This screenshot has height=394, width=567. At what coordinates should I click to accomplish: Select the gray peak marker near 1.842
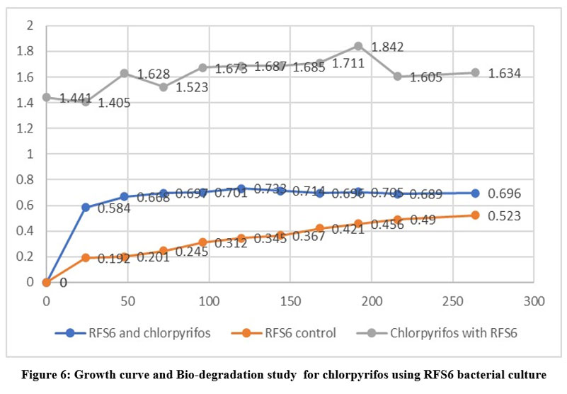click(358, 46)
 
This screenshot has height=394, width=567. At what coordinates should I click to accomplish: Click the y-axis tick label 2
click(30, 26)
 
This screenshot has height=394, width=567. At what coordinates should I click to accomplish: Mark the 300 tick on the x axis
click(534, 301)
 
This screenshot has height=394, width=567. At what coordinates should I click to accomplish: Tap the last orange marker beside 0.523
click(475, 215)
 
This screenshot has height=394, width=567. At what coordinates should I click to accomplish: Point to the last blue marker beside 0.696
click(475, 193)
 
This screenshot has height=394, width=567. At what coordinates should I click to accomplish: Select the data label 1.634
click(505, 73)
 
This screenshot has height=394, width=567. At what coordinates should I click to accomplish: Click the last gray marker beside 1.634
click(475, 72)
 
